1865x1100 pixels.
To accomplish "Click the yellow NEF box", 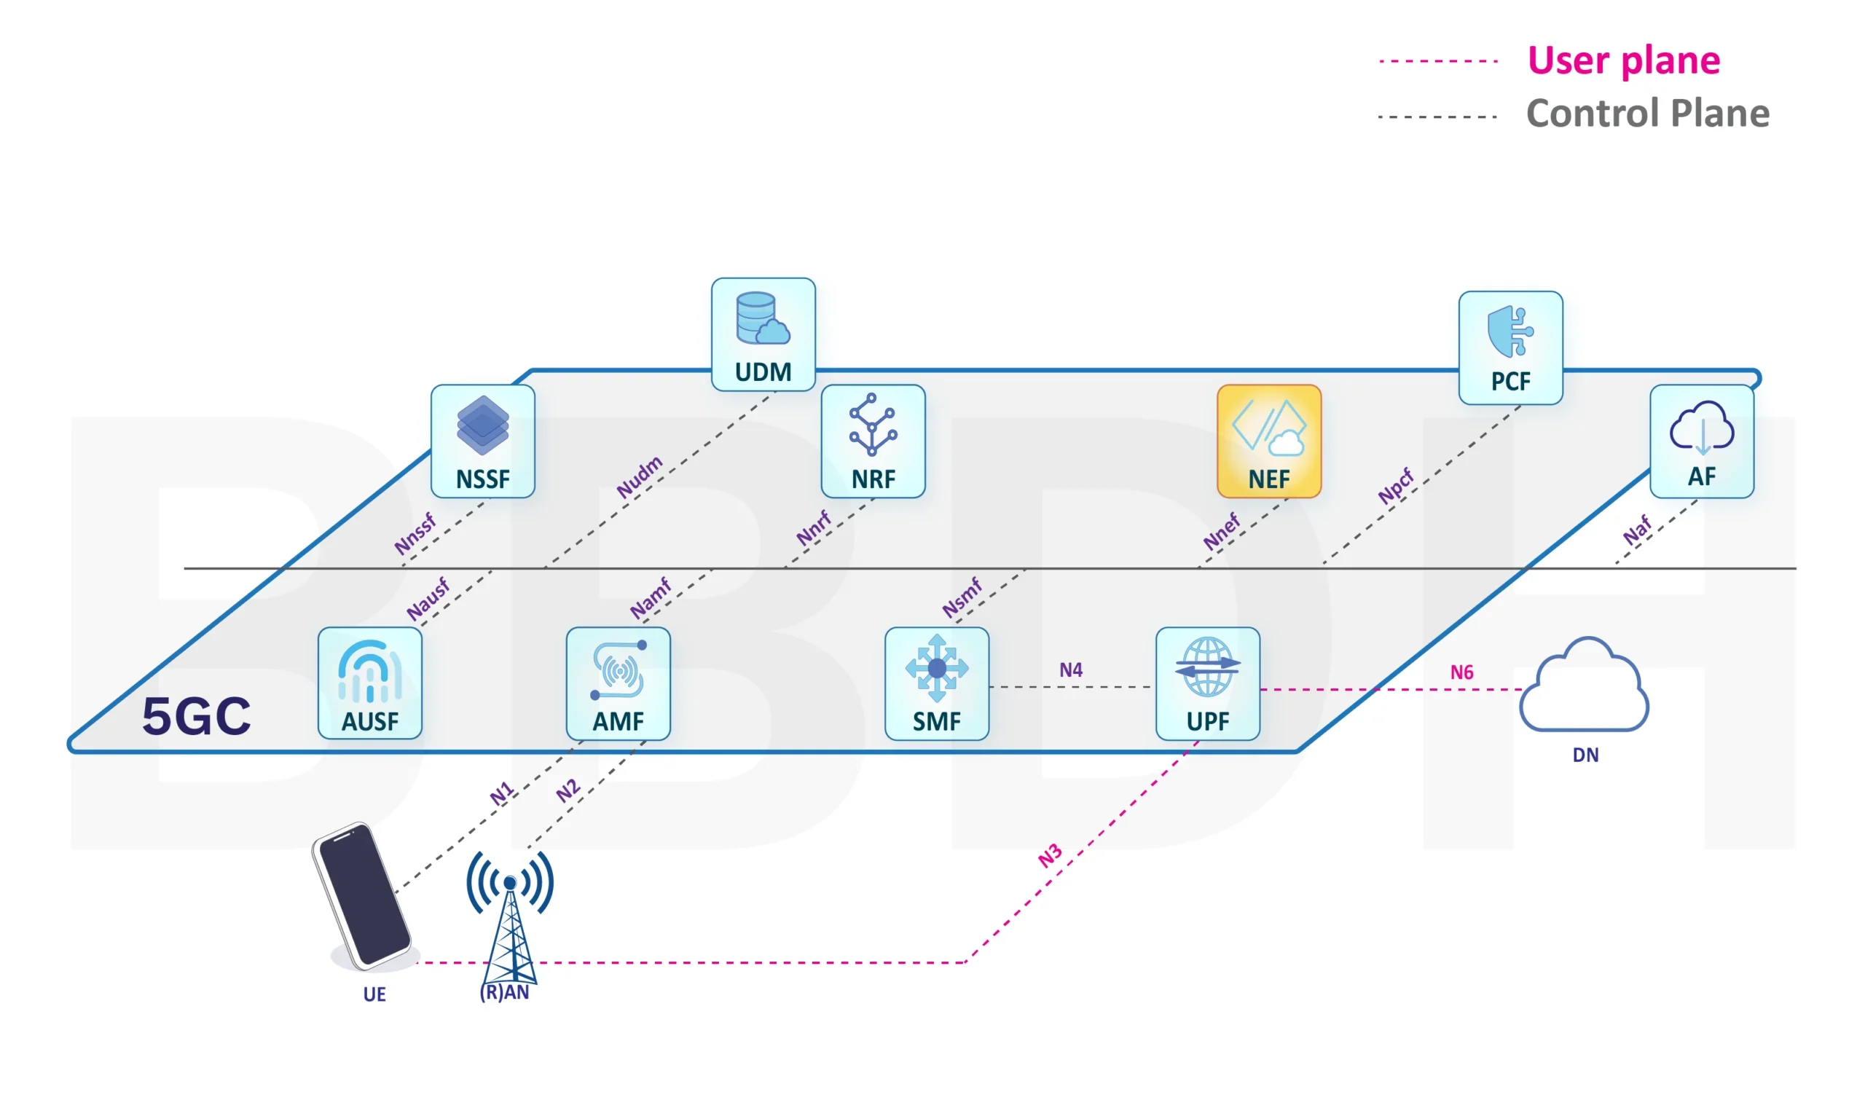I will [x=1268, y=441].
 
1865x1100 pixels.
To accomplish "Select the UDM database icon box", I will [x=763, y=334].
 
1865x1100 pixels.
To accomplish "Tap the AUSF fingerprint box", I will [x=370, y=683].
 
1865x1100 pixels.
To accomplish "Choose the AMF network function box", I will [x=618, y=683].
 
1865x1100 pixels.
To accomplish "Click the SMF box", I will [x=936, y=683].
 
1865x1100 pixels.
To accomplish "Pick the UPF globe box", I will [x=1207, y=683].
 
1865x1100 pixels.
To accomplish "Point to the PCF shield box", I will [x=1510, y=347].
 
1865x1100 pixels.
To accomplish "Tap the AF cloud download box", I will [x=1701, y=441].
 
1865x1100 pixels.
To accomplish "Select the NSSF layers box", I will [x=482, y=441].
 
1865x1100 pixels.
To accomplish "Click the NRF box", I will [x=873, y=441].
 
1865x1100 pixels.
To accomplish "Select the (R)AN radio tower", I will [x=510, y=919].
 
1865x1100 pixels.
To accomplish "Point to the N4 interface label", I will [x=1070, y=670].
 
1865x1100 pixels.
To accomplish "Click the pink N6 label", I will [x=1461, y=672].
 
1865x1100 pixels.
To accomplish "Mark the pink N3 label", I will [x=1050, y=856].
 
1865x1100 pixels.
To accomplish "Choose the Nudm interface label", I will [x=639, y=477].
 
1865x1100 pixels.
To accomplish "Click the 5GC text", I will [x=197, y=716].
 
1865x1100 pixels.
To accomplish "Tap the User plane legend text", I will [x=1623, y=60].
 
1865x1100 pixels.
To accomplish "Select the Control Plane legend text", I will [x=1647, y=114].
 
